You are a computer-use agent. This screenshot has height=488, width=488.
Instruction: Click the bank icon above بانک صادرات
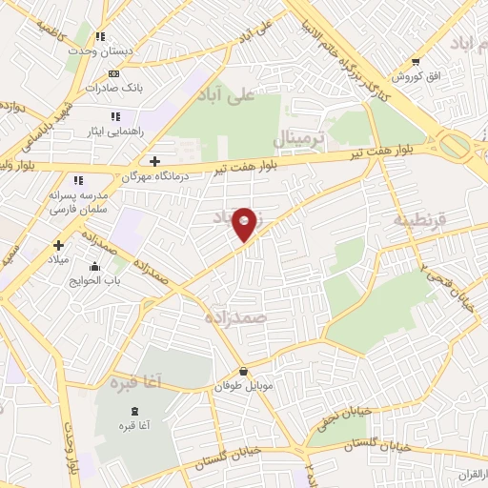[114, 73]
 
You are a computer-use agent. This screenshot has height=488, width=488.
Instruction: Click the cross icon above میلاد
[59, 245]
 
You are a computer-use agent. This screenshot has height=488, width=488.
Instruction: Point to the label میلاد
[59, 260]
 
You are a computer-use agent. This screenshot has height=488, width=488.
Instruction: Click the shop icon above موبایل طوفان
[245, 372]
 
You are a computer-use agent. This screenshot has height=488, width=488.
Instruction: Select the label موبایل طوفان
[245, 387]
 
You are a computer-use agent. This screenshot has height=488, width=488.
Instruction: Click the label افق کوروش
[407, 74]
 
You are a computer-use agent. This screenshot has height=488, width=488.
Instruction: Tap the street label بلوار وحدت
[71, 448]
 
